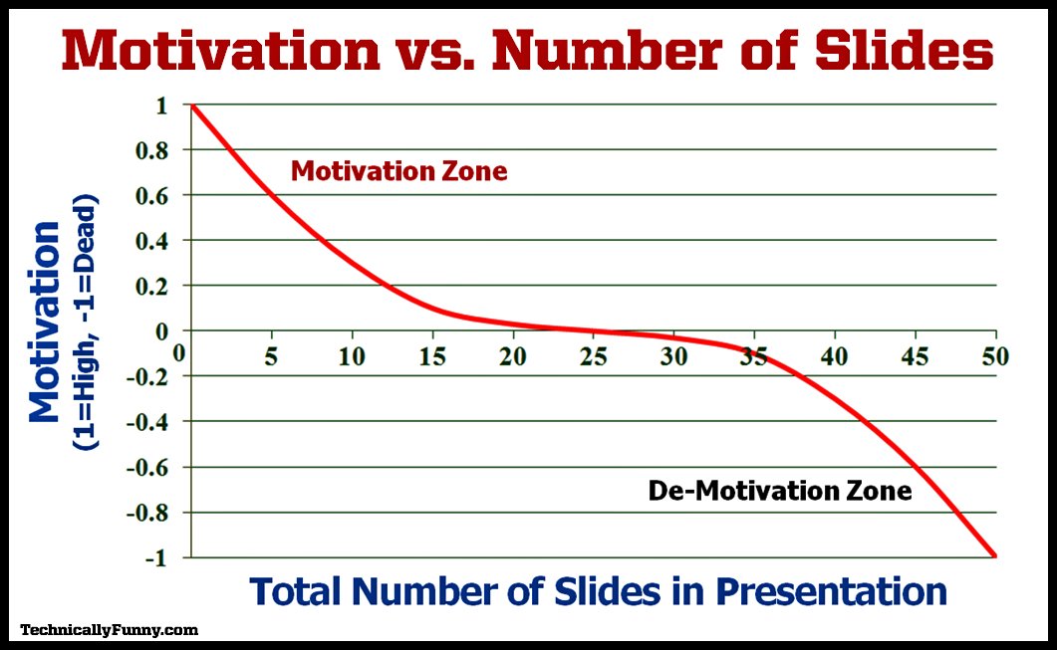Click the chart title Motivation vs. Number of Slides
click(x=528, y=50)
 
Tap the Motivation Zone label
click(x=398, y=171)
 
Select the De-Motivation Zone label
click(x=779, y=491)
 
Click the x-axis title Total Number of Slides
click(x=598, y=590)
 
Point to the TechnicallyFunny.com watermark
click(x=110, y=629)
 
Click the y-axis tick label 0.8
click(x=159, y=150)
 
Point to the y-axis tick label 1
click(x=160, y=105)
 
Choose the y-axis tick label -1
click(x=155, y=558)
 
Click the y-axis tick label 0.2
click(x=159, y=286)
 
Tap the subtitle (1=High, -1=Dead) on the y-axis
click(x=87, y=324)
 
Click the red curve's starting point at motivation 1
click(x=191, y=106)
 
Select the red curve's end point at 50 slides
click(x=994, y=556)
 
